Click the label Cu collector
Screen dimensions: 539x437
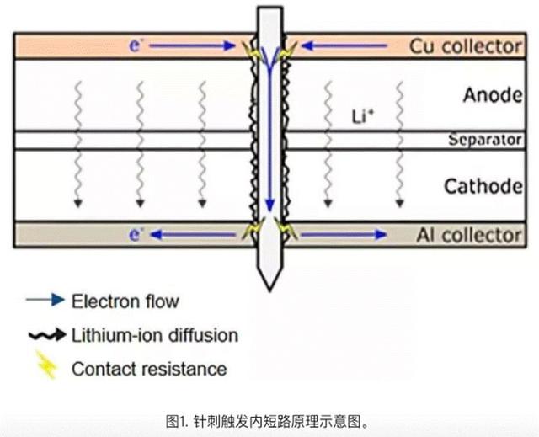point(466,46)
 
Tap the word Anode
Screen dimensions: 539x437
point(493,95)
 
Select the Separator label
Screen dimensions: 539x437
point(485,140)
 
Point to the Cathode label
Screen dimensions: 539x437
point(483,186)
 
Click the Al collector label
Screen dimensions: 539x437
point(469,235)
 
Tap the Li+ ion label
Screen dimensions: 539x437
point(363,116)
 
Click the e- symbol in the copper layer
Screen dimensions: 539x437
point(136,45)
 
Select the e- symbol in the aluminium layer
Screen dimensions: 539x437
point(136,234)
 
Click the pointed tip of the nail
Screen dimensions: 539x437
point(269,290)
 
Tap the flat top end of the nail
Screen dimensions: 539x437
point(270,8)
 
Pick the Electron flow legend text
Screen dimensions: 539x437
point(125,301)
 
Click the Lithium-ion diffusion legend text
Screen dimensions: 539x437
point(155,335)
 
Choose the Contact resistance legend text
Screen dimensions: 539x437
point(149,369)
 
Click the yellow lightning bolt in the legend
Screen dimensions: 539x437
point(46,365)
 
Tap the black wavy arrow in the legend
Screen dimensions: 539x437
point(47,334)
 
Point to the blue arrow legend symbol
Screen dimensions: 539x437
point(45,300)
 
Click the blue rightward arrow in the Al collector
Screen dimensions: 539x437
point(344,235)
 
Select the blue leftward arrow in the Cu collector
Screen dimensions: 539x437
point(344,45)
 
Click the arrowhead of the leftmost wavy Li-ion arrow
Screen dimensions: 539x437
point(78,204)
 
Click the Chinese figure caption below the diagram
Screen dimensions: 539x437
point(267,422)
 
